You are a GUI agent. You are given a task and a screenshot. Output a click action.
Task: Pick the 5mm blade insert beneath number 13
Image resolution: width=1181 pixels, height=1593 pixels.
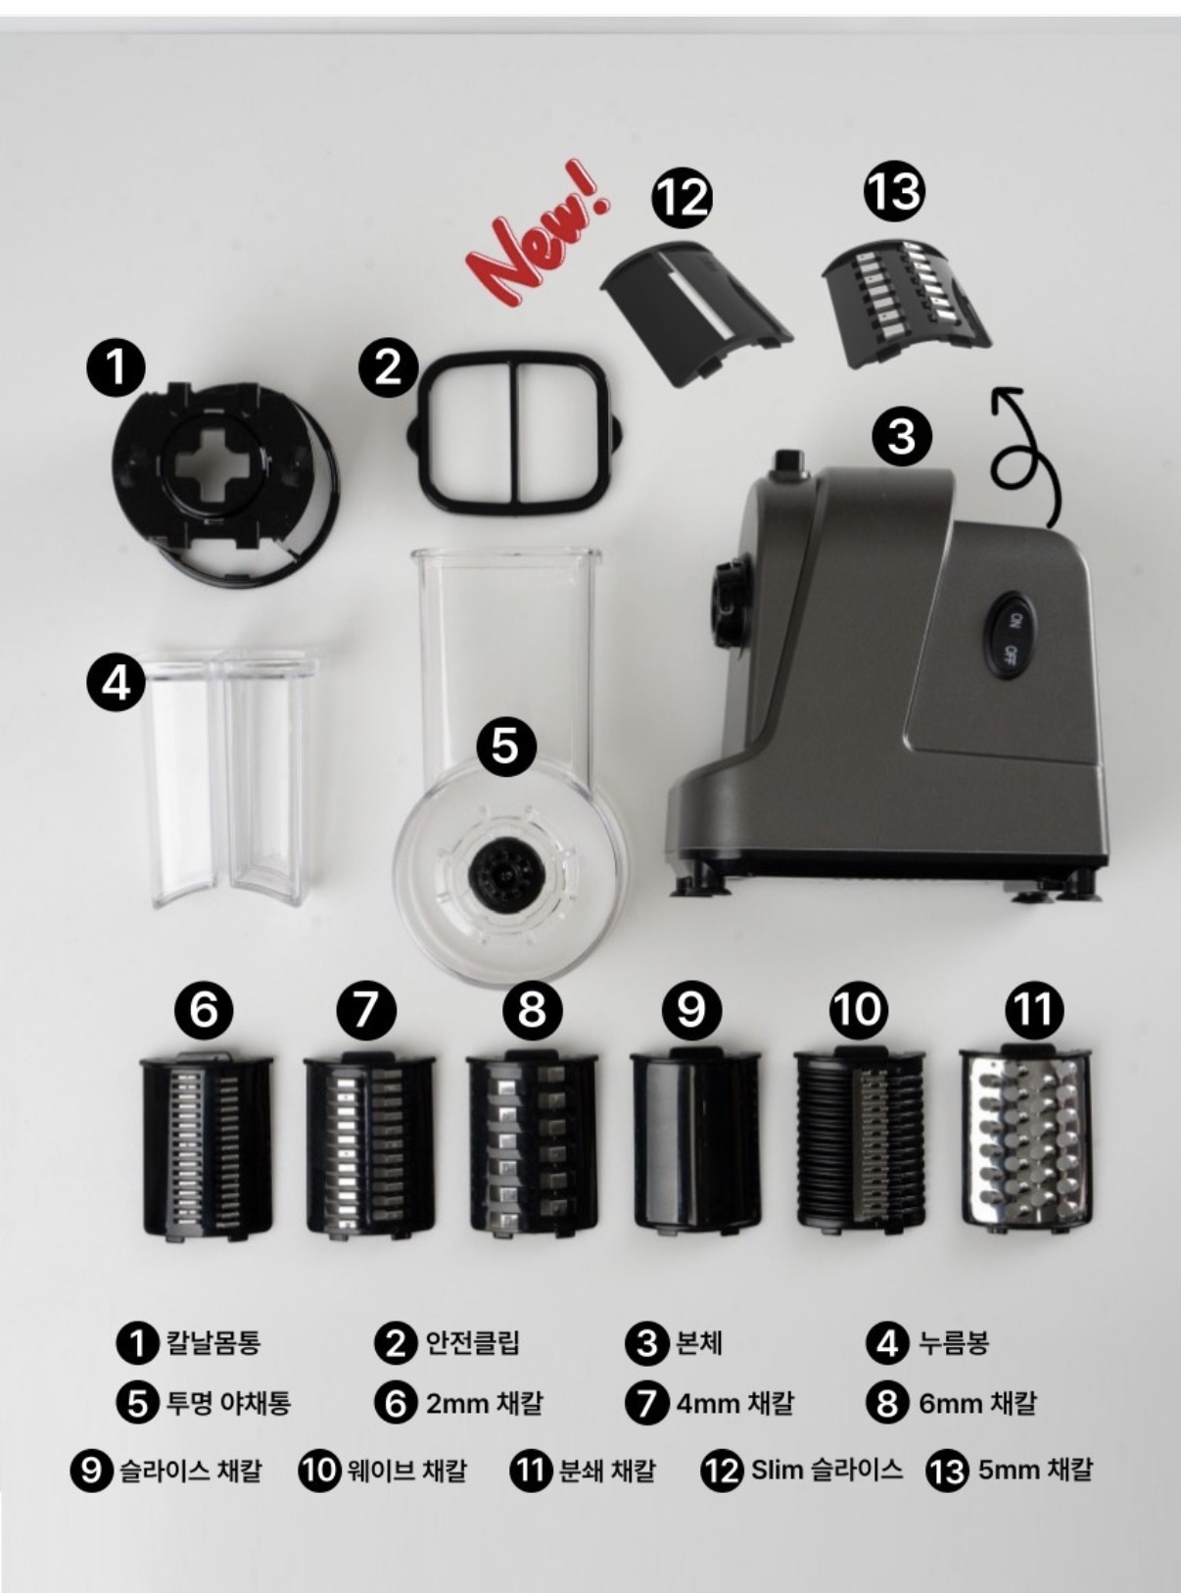[x=906, y=300]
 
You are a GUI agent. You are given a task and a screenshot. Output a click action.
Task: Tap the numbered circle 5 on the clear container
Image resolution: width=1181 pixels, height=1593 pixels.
[x=507, y=747]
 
